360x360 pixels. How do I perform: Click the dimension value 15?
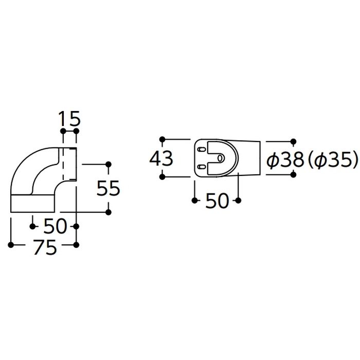click(x=69, y=119)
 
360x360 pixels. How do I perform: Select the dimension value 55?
click(x=108, y=188)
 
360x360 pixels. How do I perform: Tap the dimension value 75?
click(x=45, y=247)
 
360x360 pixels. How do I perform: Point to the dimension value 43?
click(x=161, y=158)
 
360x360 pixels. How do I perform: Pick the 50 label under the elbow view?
click(x=55, y=226)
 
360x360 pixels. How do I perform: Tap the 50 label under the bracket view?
click(x=217, y=201)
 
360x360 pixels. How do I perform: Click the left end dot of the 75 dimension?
click(x=11, y=245)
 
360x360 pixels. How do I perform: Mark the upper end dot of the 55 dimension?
click(x=109, y=165)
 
